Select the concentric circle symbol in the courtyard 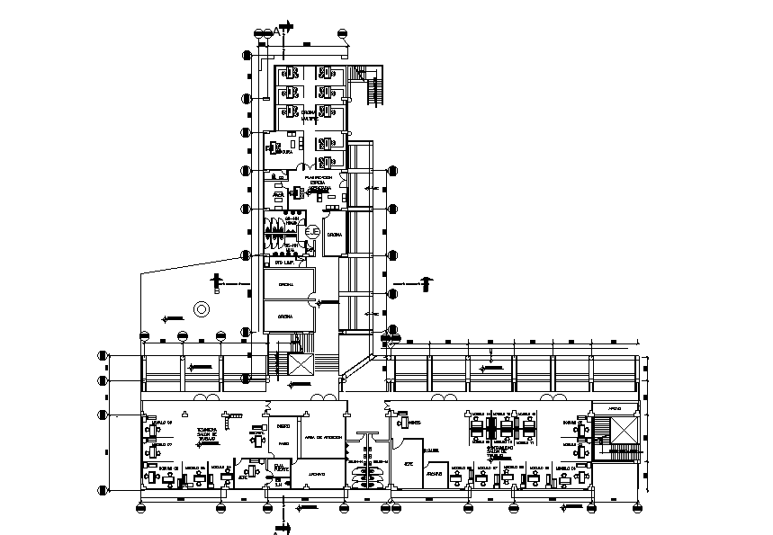[202, 309]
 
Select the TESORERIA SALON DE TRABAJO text [208, 436]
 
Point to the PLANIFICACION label [318, 178]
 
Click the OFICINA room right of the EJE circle [334, 236]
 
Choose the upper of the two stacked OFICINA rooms [288, 285]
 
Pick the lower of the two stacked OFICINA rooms [288, 317]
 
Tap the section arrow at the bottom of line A [278, 526]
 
